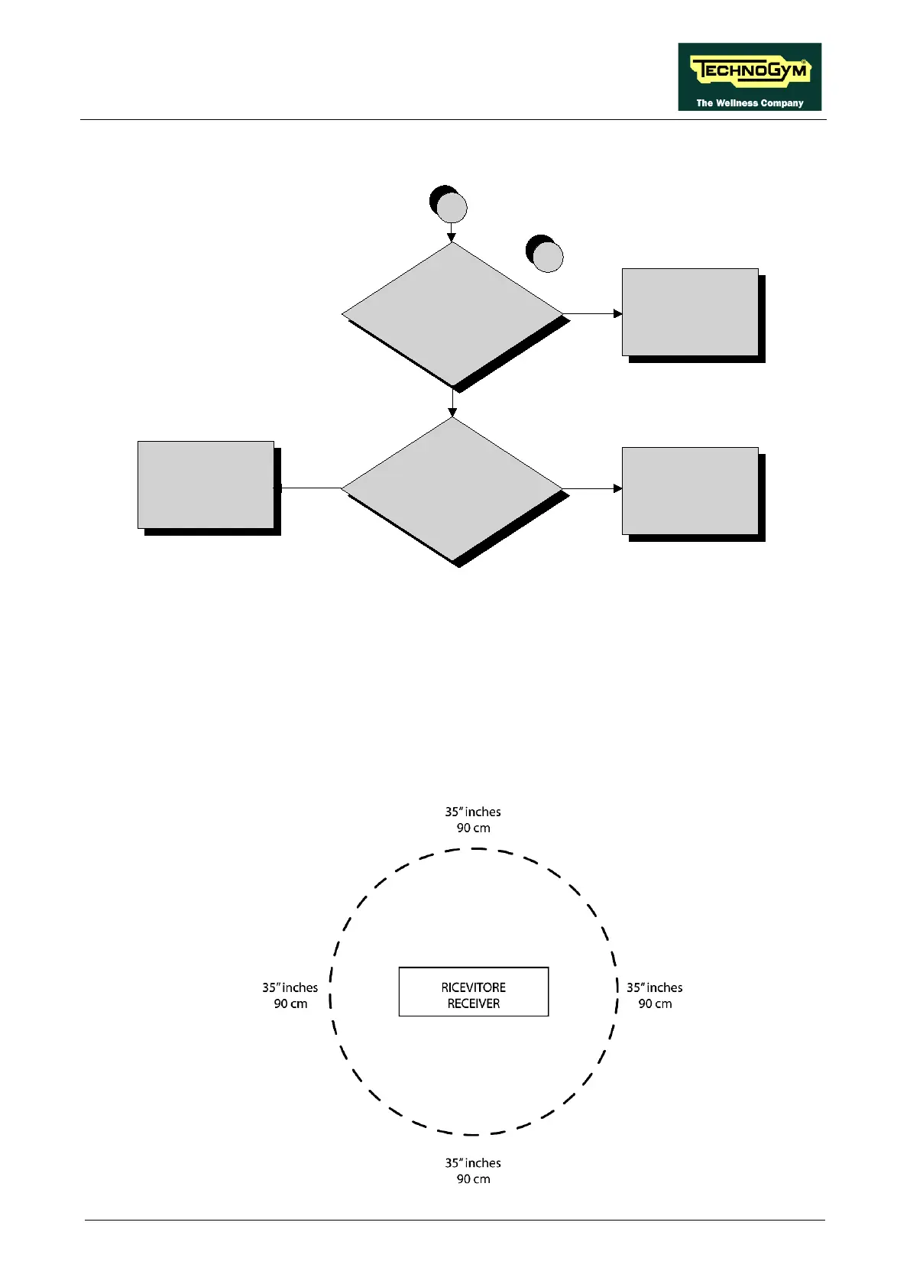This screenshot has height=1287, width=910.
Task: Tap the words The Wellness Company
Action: point(750,102)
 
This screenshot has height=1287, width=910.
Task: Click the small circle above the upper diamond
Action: point(451,208)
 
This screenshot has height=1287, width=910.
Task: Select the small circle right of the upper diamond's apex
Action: point(547,257)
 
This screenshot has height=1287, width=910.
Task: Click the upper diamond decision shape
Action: point(452,314)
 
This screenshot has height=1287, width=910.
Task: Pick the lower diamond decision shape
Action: point(452,488)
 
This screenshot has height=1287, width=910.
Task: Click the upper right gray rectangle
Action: point(690,312)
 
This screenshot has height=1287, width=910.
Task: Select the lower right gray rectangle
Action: point(690,491)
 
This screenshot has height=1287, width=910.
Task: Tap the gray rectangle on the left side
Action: point(206,485)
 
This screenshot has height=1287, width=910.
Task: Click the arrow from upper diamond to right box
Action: point(593,313)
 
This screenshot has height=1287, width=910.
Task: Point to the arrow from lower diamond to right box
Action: point(593,488)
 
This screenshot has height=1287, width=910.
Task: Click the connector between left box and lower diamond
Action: point(308,488)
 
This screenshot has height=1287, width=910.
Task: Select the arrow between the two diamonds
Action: point(452,402)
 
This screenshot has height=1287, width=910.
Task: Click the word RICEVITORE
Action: point(474,987)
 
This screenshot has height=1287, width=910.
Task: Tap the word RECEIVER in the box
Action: point(474,1003)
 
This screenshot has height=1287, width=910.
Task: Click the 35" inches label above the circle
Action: point(473,812)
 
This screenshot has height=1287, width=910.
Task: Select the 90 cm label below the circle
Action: point(474,1178)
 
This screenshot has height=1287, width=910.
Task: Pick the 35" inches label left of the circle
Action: point(290,987)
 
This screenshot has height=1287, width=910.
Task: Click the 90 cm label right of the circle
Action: point(655,1003)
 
